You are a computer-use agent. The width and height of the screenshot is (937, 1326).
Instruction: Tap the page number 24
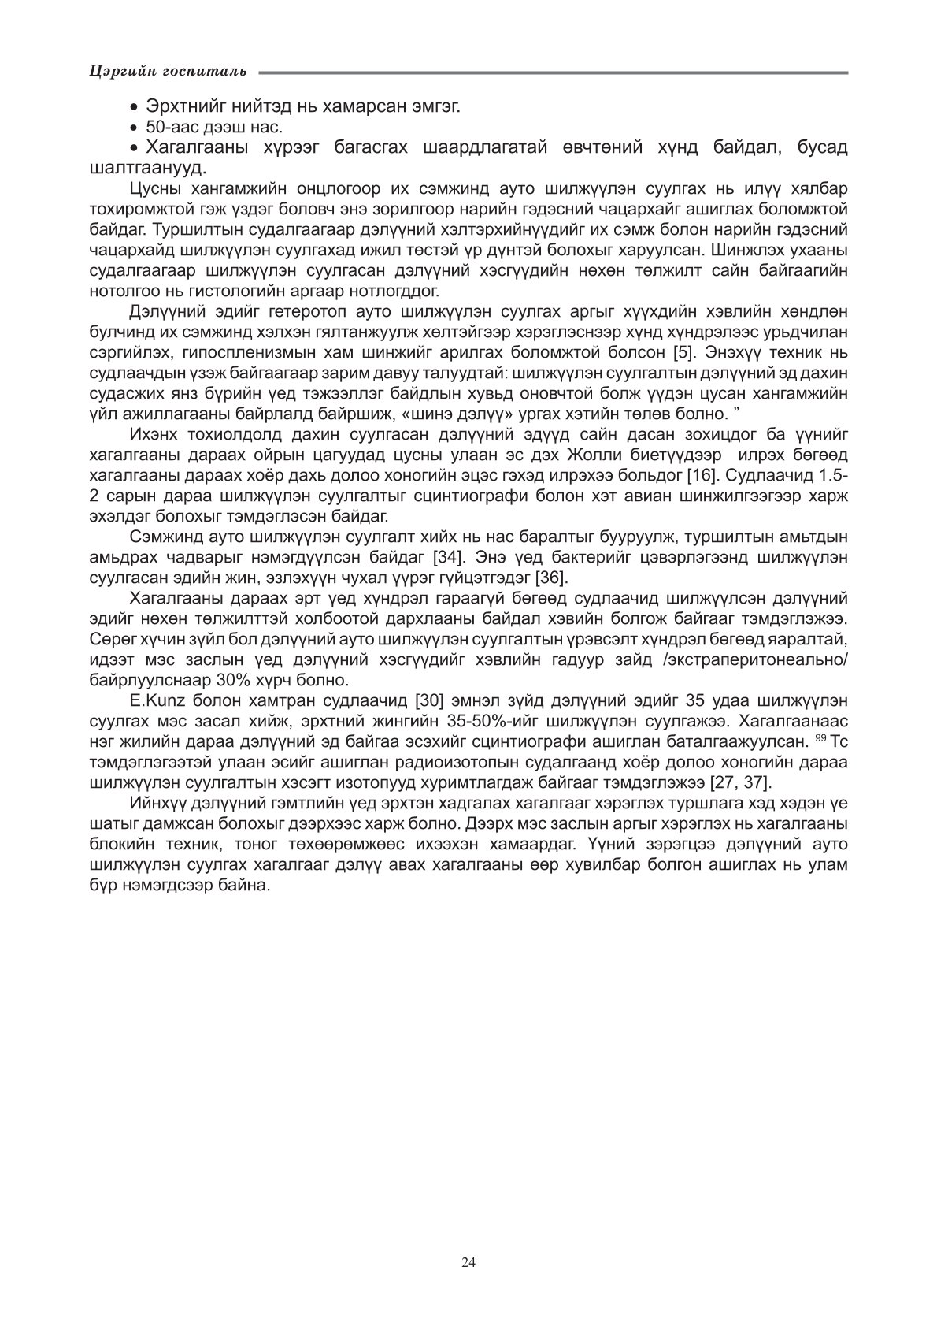coord(468,1262)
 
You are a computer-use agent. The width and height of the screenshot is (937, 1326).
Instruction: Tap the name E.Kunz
coord(156,701)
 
